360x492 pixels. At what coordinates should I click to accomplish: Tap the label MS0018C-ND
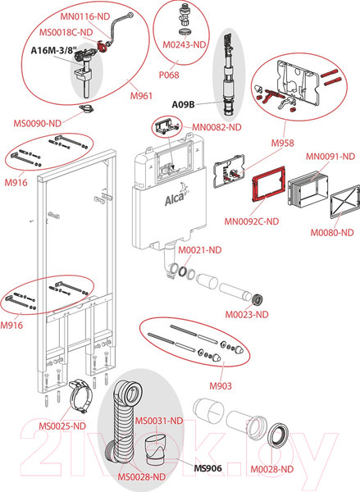click(66, 32)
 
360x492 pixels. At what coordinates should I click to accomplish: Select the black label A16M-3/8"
click(54, 51)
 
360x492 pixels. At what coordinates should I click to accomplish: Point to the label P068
click(169, 75)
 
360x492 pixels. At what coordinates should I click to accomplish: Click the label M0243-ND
click(184, 44)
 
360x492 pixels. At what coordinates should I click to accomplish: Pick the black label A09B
click(183, 104)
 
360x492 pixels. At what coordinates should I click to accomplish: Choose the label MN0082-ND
click(216, 127)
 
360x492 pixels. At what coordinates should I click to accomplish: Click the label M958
click(282, 143)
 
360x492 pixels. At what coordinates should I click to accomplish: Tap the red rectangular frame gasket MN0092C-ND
click(269, 184)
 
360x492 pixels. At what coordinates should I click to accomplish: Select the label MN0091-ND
click(330, 157)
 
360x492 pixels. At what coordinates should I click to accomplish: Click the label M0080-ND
click(332, 233)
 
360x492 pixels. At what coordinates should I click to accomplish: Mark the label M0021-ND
click(200, 250)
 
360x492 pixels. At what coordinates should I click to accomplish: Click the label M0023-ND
click(247, 314)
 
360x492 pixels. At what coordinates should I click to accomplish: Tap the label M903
click(221, 386)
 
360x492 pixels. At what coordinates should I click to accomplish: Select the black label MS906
click(207, 468)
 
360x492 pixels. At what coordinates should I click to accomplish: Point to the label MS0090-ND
click(38, 123)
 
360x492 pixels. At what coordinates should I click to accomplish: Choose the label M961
click(141, 95)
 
